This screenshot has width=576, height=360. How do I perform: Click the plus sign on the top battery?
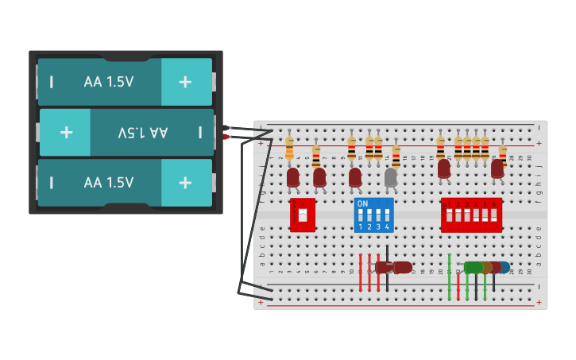click(x=185, y=82)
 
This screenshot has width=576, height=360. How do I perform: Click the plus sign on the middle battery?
click(x=66, y=132)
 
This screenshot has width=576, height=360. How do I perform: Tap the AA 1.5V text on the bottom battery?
click(x=109, y=182)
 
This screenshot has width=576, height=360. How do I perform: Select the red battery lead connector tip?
click(x=226, y=137)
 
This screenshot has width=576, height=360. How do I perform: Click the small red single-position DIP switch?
click(x=302, y=215)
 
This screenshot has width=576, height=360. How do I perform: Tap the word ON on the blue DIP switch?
click(x=362, y=204)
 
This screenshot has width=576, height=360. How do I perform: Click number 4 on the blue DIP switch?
click(x=387, y=227)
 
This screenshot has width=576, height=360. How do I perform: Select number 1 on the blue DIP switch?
click(x=360, y=227)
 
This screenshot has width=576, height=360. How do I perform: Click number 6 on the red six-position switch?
click(x=493, y=204)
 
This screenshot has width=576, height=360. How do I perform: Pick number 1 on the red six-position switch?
click(x=449, y=204)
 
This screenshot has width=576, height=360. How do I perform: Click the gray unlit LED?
click(x=391, y=177)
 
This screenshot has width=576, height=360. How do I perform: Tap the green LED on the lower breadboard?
click(x=474, y=268)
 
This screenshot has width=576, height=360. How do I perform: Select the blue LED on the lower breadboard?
click(x=504, y=268)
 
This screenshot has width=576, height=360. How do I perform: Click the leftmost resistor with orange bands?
click(x=289, y=148)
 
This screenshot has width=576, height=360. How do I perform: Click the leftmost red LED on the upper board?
click(x=293, y=176)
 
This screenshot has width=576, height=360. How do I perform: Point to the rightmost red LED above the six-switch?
click(x=497, y=168)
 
